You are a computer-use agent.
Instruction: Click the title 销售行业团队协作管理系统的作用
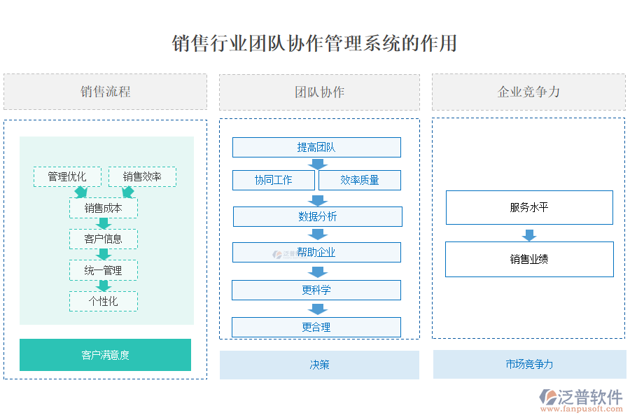point(314,43)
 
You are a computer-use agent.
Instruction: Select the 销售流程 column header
point(105,92)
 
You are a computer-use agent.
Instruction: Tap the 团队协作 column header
point(319,92)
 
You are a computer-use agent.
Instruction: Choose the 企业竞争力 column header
point(528,92)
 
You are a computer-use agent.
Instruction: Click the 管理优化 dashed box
point(67,176)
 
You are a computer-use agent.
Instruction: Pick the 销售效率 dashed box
point(142,176)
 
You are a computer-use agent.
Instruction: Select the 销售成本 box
point(104,208)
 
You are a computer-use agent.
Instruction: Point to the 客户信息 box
point(104,239)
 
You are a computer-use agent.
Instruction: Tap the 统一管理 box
point(104,270)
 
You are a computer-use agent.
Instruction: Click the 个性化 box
point(104,301)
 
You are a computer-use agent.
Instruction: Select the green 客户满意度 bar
point(105,355)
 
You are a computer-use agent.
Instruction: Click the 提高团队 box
point(316,147)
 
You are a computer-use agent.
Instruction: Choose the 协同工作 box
point(274,180)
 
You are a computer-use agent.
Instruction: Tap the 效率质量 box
point(360,180)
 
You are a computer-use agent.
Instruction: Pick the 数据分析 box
point(317,216)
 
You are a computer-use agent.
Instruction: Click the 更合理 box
point(316,327)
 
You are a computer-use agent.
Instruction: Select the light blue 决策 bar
point(319,365)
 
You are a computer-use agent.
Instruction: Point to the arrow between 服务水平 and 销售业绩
point(529,235)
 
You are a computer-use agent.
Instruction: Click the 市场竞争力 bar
point(529,364)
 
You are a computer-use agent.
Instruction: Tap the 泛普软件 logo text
point(589,398)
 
